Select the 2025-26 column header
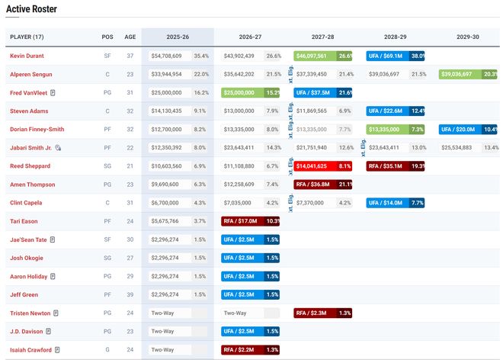[x=177, y=37]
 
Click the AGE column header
[x=130, y=37]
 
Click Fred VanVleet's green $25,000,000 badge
[x=242, y=92]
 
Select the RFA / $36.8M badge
[x=316, y=184]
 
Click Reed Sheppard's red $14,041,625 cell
[x=316, y=166]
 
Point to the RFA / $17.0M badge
[x=242, y=220]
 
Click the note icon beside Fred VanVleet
[x=53, y=92]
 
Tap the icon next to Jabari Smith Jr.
[x=58, y=147]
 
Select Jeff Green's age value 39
[x=130, y=294]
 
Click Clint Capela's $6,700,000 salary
[x=165, y=202]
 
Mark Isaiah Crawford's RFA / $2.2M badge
[x=242, y=349]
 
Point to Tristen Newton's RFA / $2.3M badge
[x=316, y=313]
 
